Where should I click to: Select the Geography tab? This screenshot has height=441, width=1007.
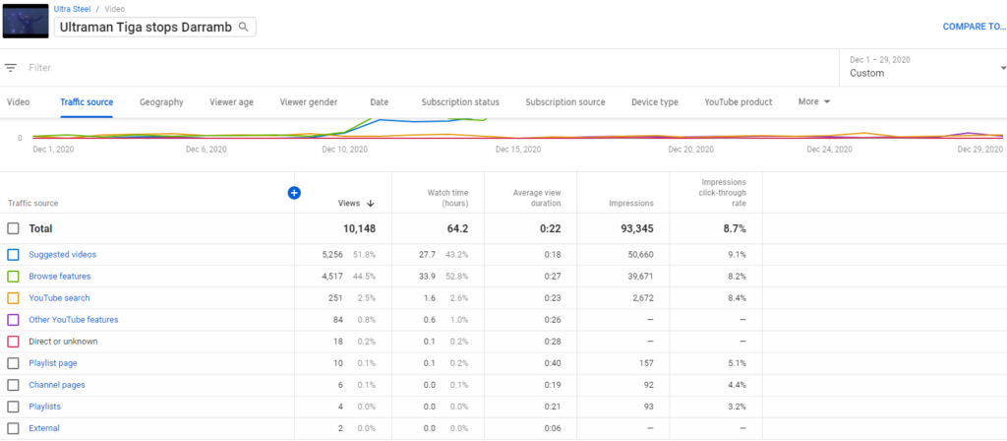(161, 102)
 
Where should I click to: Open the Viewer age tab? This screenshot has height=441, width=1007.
(231, 102)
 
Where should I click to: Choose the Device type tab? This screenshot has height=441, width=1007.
(654, 102)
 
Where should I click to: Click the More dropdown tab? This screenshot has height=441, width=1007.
(814, 102)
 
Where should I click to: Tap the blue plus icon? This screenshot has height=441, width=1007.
(294, 193)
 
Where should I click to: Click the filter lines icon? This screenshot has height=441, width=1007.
(11, 68)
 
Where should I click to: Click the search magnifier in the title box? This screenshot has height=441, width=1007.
(244, 27)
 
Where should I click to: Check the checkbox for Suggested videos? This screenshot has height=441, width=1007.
(13, 255)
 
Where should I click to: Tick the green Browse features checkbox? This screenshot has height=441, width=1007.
(13, 277)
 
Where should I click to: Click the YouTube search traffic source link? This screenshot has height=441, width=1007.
(61, 298)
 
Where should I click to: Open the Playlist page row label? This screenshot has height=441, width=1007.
(53, 363)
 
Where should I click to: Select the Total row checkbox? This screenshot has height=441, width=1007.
(13, 228)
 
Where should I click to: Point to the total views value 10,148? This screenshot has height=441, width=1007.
(358, 228)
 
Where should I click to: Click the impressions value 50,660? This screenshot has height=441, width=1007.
(636, 255)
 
